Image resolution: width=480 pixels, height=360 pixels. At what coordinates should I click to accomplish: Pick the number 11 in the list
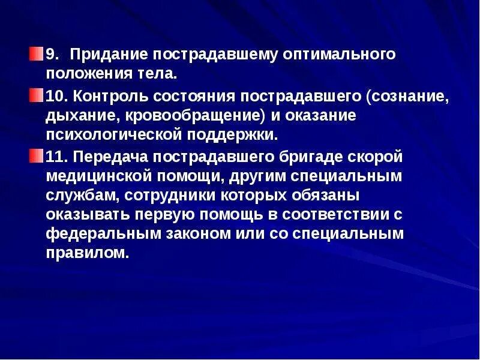tap(56, 157)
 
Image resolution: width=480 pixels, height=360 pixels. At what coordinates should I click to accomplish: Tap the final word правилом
tap(87, 253)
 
